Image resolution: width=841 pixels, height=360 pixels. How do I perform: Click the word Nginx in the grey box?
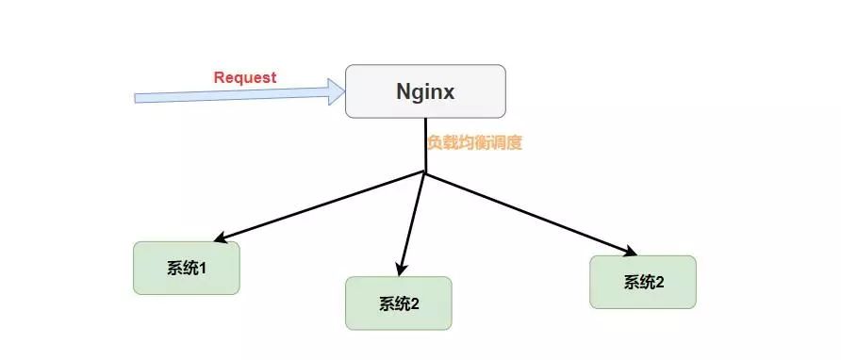425,92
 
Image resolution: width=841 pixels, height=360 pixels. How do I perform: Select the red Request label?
245,78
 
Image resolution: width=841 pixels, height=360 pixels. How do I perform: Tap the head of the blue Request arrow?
337,91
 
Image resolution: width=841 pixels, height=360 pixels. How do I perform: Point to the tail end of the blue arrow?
138,98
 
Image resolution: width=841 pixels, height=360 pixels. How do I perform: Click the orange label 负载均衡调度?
474,143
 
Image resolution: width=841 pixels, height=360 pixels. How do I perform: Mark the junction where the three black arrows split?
425,173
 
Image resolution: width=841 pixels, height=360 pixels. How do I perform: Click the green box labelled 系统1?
186,269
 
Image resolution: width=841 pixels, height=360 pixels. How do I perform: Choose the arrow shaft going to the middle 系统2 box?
414,221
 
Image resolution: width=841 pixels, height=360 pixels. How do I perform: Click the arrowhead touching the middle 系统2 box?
403,270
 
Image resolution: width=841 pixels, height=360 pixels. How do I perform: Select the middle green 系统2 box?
399,303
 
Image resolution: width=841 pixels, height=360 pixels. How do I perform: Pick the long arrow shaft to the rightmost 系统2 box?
528,213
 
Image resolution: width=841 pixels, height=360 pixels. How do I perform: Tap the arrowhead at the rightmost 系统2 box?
631,250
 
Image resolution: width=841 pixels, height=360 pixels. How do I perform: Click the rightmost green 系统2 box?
643,282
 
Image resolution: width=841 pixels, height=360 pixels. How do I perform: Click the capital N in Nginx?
401,92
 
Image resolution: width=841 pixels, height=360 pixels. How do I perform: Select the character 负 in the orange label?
434,143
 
